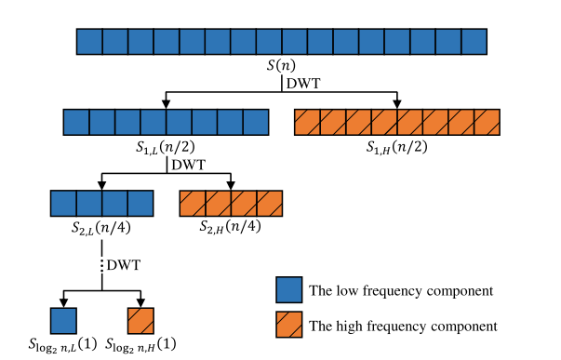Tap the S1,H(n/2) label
[x=398, y=146]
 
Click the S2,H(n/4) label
[x=231, y=226]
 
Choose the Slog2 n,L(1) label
[x=62, y=344]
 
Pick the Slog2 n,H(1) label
[x=141, y=344]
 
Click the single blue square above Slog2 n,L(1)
[x=62, y=321]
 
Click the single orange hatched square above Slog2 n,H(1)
[x=140, y=321]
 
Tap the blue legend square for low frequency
[x=289, y=290]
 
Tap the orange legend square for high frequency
[x=289, y=326]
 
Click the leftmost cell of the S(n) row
[x=88, y=41]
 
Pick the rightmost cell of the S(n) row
[x=474, y=41]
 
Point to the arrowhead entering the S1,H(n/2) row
[x=398, y=103]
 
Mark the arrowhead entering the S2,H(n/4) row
[x=231, y=184]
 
